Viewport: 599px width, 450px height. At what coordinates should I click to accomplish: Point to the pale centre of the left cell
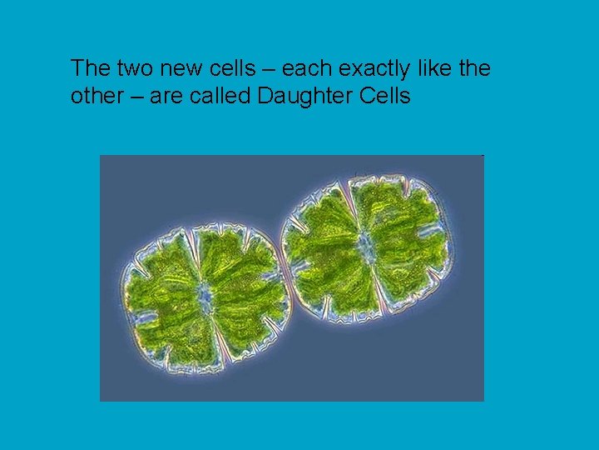click(204, 293)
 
